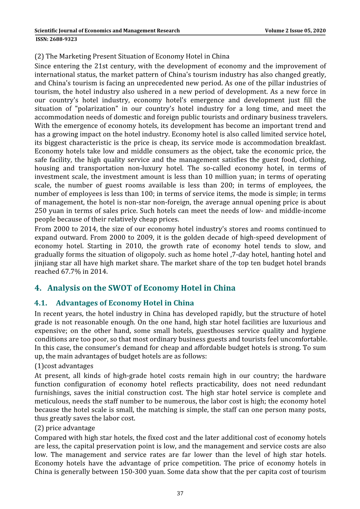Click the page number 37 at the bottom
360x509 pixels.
tap(180, 493)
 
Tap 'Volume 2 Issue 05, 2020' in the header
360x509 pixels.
tap(295, 31)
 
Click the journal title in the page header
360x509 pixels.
tap(107, 31)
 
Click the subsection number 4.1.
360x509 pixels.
tap(40, 303)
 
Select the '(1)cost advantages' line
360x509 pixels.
tap(64, 366)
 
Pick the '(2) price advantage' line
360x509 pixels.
tap(65, 428)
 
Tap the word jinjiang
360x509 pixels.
tap(46, 263)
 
